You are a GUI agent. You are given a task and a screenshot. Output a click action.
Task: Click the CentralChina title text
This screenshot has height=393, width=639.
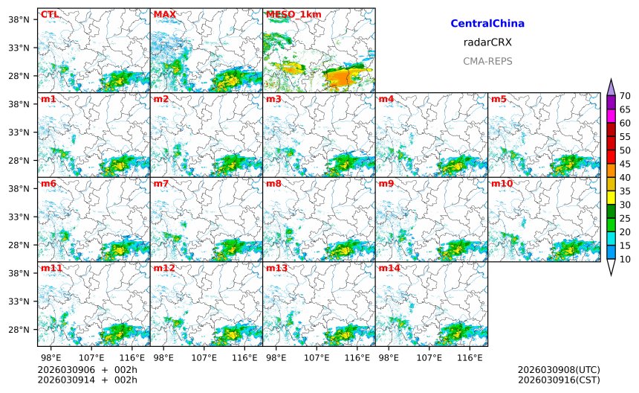487,24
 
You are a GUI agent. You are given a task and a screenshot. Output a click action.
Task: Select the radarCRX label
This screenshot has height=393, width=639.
487,42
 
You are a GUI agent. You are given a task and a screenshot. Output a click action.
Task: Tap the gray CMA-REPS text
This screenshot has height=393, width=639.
487,61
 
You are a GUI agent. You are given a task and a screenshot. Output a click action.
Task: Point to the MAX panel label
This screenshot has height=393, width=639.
164,14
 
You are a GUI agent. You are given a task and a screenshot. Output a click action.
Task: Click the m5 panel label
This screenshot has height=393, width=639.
499,99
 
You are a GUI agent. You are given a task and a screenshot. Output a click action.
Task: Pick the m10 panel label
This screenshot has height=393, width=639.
502,183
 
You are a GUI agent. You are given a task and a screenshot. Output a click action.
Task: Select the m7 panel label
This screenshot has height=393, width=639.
161,183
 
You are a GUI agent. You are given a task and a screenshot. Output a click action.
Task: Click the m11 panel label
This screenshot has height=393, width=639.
51,268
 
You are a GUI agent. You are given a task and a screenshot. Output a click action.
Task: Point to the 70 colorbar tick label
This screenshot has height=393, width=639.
625,96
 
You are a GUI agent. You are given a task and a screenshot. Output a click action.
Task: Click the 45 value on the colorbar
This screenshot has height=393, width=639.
625,164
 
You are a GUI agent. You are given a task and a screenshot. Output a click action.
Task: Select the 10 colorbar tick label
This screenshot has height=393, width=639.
625,259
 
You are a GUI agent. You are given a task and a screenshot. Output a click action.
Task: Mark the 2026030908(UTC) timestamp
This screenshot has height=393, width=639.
559,370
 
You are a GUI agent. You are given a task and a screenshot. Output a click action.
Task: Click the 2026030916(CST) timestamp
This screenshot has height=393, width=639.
559,380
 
